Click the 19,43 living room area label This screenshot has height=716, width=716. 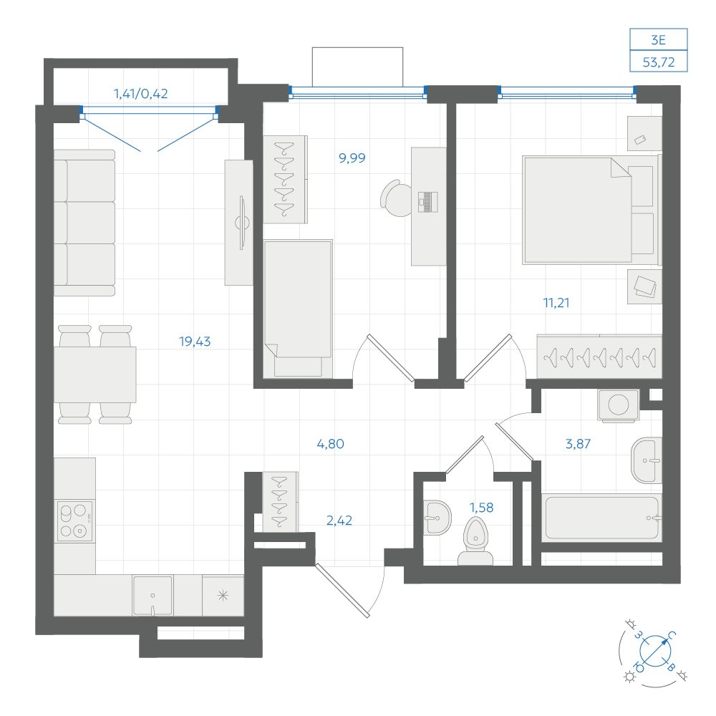[195, 342]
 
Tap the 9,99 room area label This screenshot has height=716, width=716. [352, 158]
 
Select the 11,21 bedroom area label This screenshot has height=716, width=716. [556, 303]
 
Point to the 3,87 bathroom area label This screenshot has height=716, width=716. [578, 444]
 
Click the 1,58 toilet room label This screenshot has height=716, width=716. [482, 508]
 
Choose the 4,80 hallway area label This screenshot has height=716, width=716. [331, 444]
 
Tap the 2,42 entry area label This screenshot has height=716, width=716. [339, 521]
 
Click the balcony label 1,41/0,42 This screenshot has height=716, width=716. [140, 94]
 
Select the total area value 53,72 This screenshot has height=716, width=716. [659, 62]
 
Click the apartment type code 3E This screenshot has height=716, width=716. [659, 40]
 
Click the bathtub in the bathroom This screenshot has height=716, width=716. [602, 518]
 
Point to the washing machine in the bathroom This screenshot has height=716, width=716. [619, 405]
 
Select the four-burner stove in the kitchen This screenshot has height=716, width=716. [74, 521]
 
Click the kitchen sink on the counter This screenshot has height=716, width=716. [153, 596]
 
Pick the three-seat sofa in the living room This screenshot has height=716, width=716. [84, 223]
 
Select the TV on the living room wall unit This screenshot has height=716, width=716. [243, 223]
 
